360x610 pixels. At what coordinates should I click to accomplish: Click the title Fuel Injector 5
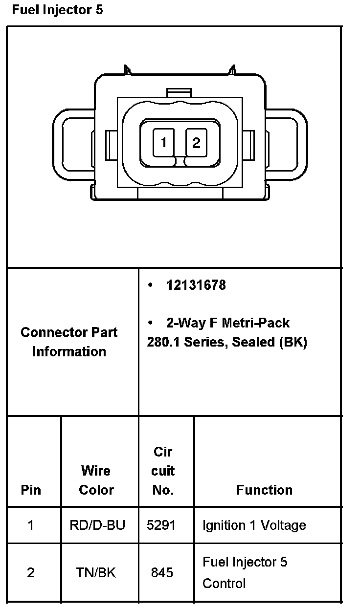coord(57,10)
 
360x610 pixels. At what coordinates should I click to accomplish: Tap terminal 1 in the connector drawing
coord(163,142)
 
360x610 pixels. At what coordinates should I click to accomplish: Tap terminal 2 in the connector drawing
coord(196,142)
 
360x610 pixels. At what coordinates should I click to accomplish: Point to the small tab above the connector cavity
coord(179,92)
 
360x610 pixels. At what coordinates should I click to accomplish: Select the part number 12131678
coord(196,285)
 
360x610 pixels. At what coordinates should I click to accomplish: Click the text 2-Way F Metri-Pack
coord(227,323)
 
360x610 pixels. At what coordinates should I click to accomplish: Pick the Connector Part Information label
coord(69,342)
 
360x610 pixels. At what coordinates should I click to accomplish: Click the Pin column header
coord(31,490)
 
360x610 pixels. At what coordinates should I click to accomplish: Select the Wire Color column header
coord(96,480)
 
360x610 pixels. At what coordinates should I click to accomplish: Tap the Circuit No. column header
coord(163,471)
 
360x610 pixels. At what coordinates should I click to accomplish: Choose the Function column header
coord(264,490)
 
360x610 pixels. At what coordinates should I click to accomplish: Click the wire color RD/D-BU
coord(97,525)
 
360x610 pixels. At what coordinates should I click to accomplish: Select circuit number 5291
coord(161,525)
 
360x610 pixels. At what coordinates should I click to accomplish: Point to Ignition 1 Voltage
coord(254,525)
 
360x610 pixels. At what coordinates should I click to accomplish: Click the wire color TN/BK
coord(96,572)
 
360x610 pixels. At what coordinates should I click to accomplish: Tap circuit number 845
coord(162,572)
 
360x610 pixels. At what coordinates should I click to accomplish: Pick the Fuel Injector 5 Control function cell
coord(245,572)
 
